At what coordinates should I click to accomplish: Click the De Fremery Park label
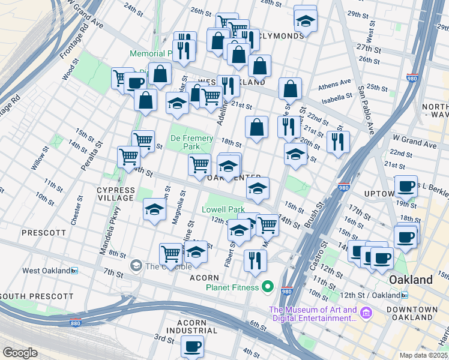coord(191,142)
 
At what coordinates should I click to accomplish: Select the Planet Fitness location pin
coord(268,287)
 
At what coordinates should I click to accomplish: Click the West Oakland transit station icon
coord(74,271)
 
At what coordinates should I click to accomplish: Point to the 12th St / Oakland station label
coord(370,295)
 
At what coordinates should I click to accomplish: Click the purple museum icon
coord(366,313)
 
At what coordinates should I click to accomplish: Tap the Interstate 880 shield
coord(76,322)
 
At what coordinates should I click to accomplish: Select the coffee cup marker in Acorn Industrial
coord(193,346)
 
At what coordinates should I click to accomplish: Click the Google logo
coord(20,352)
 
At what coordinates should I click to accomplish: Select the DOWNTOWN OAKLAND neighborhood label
coord(412,313)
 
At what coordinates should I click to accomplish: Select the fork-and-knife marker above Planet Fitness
coord(255,260)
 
